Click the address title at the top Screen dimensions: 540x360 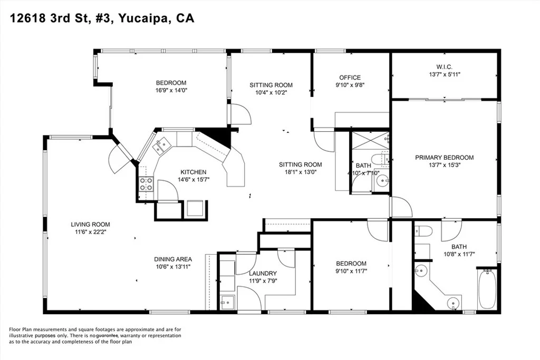pyautogui.click(x=102, y=18)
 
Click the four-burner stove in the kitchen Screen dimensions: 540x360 pyautogui.click(x=146, y=184)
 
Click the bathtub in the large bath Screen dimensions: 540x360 pyautogui.click(x=487, y=289)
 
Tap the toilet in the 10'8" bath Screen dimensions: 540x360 pyautogui.click(x=423, y=231)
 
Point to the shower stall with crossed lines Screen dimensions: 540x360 pyautogui.click(x=370, y=140)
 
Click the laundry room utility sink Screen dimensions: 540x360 pyautogui.click(x=227, y=302)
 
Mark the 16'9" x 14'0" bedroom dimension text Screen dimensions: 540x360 pyautogui.click(x=171, y=90)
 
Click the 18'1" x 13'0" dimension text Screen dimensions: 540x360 pyautogui.click(x=300, y=172)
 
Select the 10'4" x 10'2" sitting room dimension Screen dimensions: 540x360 pyautogui.click(x=271, y=92)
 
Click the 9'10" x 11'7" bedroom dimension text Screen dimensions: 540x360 pyautogui.click(x=351, y=271)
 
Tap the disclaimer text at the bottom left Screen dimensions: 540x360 pyautogui.click(x=95, y=336)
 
